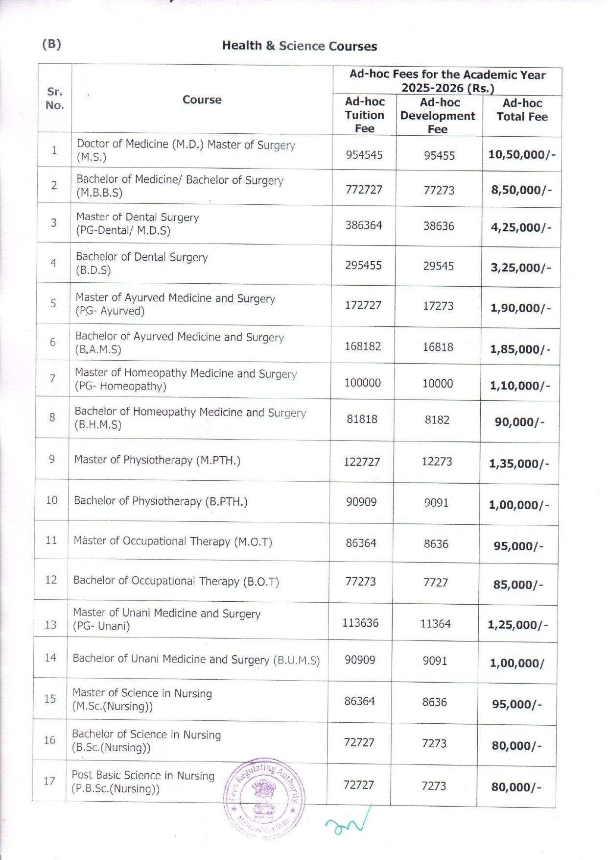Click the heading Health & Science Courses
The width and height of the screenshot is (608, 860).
click(299, 46)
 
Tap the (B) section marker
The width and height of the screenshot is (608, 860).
click(51, 44)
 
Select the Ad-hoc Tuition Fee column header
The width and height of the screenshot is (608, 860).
click(364, 115)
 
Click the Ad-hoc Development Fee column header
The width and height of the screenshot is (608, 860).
click(438, 116)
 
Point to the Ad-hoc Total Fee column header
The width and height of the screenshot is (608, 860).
click(522, 110)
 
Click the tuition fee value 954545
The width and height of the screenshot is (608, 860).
click(364, 155)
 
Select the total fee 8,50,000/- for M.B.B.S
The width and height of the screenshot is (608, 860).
click(521, 190)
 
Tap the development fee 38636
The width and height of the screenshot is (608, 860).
click(439, 226)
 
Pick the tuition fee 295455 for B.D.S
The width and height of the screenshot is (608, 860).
click(363, 265)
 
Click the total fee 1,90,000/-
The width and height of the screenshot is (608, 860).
click(520, 308)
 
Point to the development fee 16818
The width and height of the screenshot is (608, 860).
click(438, 347)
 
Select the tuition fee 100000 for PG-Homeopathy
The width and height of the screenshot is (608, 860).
click(362, 383)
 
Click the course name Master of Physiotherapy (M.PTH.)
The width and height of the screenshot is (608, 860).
click(157, 460)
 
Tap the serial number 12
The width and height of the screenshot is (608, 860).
click(51, 580)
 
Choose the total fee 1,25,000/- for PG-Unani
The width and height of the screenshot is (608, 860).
click(517, 625)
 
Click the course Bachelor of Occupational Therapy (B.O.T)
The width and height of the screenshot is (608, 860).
click(176, 581)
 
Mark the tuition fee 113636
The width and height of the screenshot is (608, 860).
click(360, 623)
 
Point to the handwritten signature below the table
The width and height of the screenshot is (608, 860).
click(348, 823)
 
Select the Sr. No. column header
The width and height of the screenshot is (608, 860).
click(54, 98)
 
